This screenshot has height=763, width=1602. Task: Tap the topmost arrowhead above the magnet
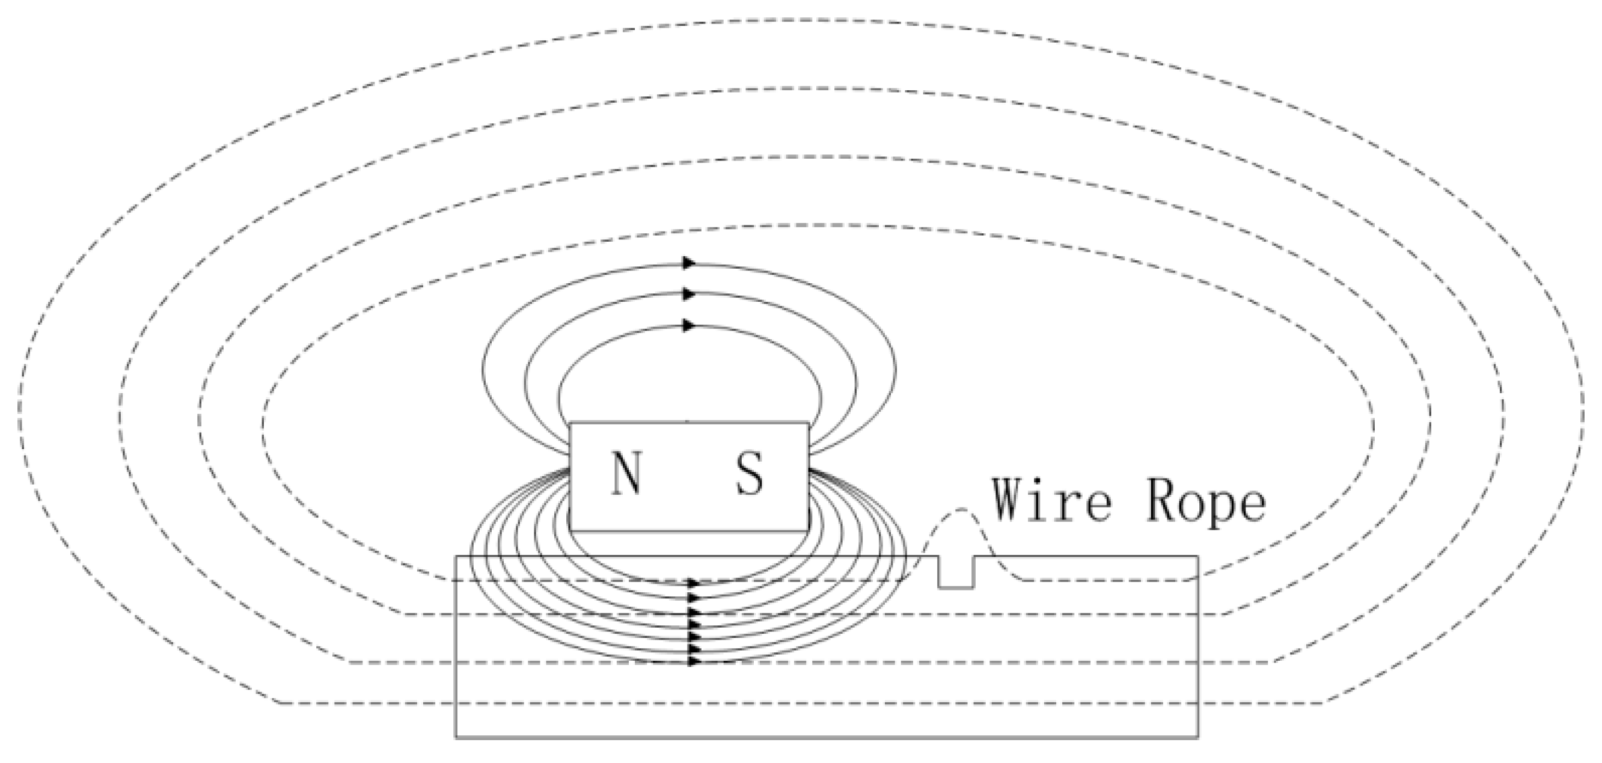(688, 263)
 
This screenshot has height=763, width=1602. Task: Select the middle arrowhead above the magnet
(688, 293)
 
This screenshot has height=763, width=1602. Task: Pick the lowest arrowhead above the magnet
(688, 325)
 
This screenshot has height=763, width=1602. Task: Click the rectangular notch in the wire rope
(956, 574)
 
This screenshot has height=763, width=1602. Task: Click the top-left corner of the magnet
(570, 423)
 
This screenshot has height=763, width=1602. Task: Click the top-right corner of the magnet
(809, 423)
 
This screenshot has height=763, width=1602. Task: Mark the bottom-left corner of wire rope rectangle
(456, 738)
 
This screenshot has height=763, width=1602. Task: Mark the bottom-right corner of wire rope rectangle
(1198, 738)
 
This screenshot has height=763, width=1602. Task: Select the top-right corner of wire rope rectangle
(1198, 557)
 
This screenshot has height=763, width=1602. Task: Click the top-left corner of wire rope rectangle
(456, 557)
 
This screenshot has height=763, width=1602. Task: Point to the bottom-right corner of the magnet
(809, 530)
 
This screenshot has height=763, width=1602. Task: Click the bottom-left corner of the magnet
(570, 530)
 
